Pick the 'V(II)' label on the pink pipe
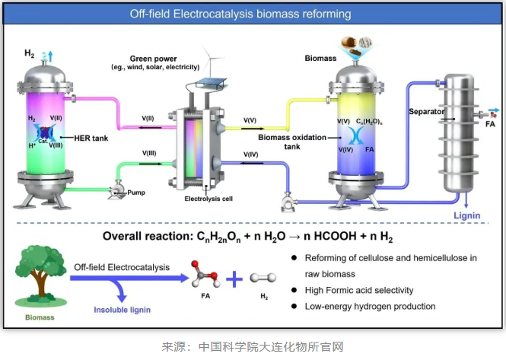(x=148, y=118)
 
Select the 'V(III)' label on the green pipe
(x=149, y=154)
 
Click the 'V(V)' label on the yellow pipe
(x=250, y=119)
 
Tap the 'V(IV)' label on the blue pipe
(x=251, y=155)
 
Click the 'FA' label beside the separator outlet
(x=490, y=120)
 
